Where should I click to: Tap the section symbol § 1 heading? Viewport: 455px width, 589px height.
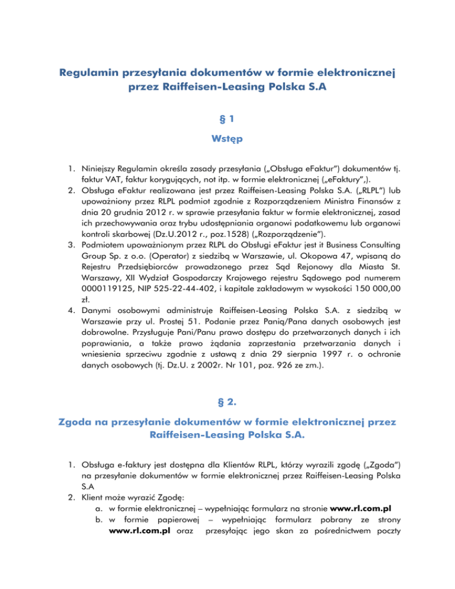pos(227,119)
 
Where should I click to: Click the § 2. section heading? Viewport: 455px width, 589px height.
pos(227,383)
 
